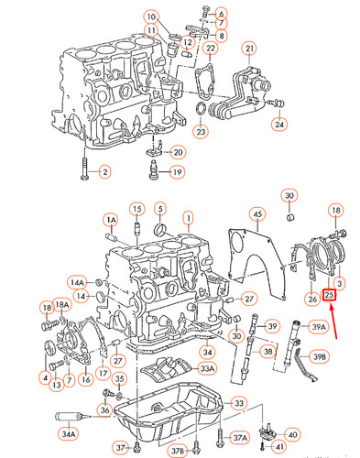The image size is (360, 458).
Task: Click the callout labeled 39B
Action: [318, 355]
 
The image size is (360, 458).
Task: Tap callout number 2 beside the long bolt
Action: [104, 171]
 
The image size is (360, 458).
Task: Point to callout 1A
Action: [110, 221]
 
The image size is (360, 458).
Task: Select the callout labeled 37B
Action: [177, 451]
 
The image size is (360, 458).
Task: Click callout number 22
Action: [212, 49]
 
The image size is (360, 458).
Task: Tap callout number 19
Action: [177, 171]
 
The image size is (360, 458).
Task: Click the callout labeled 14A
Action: [78, 283]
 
